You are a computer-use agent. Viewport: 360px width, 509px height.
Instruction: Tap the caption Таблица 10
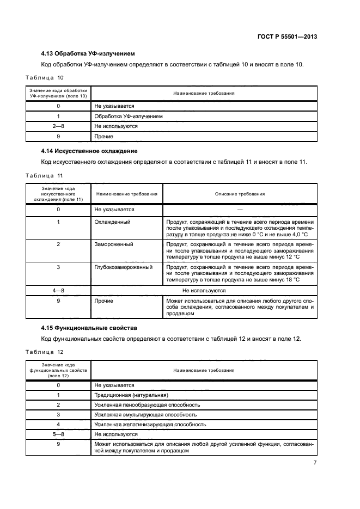[45, 77]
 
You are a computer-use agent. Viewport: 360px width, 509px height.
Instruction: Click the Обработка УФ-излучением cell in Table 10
[129, 116]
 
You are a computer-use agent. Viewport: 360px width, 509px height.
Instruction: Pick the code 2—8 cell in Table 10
[58, 126]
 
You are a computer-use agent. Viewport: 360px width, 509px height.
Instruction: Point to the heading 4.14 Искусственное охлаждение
[89, 151]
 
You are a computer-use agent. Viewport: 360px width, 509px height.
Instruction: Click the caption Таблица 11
[45, 175]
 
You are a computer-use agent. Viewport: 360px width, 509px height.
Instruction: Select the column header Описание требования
[240, 194]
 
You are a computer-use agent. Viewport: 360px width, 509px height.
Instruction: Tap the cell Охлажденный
[112, 222]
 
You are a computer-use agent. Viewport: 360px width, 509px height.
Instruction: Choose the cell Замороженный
[114, 244]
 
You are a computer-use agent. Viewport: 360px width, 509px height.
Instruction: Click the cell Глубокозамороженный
[123, 267]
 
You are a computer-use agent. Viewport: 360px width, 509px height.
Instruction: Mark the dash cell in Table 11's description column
[240, 209]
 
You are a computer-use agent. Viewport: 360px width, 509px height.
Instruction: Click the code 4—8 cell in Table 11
[58, 291]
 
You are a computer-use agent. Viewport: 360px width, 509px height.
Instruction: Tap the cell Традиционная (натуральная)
[131, 395]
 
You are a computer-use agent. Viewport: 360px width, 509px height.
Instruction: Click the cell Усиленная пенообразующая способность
[147, 405]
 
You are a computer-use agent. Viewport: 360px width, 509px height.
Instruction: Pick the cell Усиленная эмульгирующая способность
[145, 415]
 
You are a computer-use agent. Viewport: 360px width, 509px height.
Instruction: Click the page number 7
[315, 463]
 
